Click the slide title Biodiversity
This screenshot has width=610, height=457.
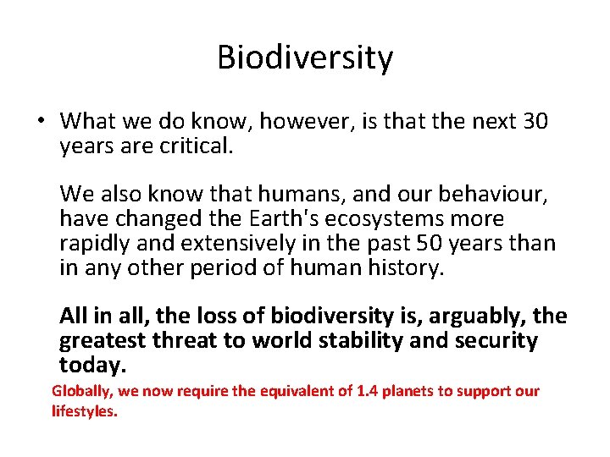305,58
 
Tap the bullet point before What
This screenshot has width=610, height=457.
40,122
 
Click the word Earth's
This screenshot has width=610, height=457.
277,219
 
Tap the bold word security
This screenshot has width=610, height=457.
494,341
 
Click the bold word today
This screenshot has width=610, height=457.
92,366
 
